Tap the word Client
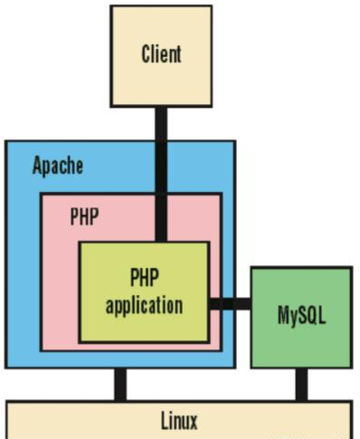point(161,53)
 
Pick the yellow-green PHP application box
point(144,317)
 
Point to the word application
point(144,304)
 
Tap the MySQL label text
point(300,318)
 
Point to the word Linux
point(178,420)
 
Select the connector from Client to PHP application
point(161,172)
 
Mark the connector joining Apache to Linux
point(119,384)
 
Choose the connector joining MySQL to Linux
point(300,384)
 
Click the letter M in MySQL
point(282,318)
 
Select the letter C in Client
point(146,53)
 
